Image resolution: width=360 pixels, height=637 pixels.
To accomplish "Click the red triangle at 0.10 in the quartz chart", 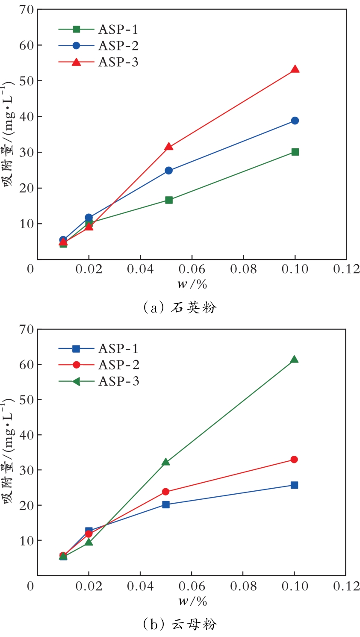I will click(295, 69).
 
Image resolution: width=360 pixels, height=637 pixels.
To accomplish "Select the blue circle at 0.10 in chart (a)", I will click(295, 121).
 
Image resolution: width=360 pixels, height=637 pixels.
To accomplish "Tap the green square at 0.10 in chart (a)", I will click(295, 152).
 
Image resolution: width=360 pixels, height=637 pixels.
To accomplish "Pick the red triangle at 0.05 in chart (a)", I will click(168, 147).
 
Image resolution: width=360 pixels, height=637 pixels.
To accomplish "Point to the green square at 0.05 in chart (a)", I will click(168, 200).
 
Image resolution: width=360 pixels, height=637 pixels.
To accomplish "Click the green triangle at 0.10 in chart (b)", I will click(294, 360).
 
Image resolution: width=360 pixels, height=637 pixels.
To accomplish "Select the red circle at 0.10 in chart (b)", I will click(294, 460).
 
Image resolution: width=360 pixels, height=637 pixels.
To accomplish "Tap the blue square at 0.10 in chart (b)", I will click(294, 485).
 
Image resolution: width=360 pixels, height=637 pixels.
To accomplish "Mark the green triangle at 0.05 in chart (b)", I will click(166, 462).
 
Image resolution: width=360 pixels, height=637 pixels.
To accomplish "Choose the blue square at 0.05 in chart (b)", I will click(166, 504).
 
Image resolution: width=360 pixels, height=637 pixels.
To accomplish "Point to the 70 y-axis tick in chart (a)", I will click(27, 9).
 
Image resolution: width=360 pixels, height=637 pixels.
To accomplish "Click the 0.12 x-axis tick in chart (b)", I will click(346, 586).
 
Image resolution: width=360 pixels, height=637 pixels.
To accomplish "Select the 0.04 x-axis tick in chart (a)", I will click(140, 269).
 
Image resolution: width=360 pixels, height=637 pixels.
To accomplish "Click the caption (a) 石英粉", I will click(180, 307).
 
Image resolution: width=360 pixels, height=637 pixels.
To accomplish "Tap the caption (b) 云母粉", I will click(180, 625).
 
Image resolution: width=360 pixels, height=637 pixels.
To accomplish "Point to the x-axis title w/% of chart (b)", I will click(192, 601).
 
